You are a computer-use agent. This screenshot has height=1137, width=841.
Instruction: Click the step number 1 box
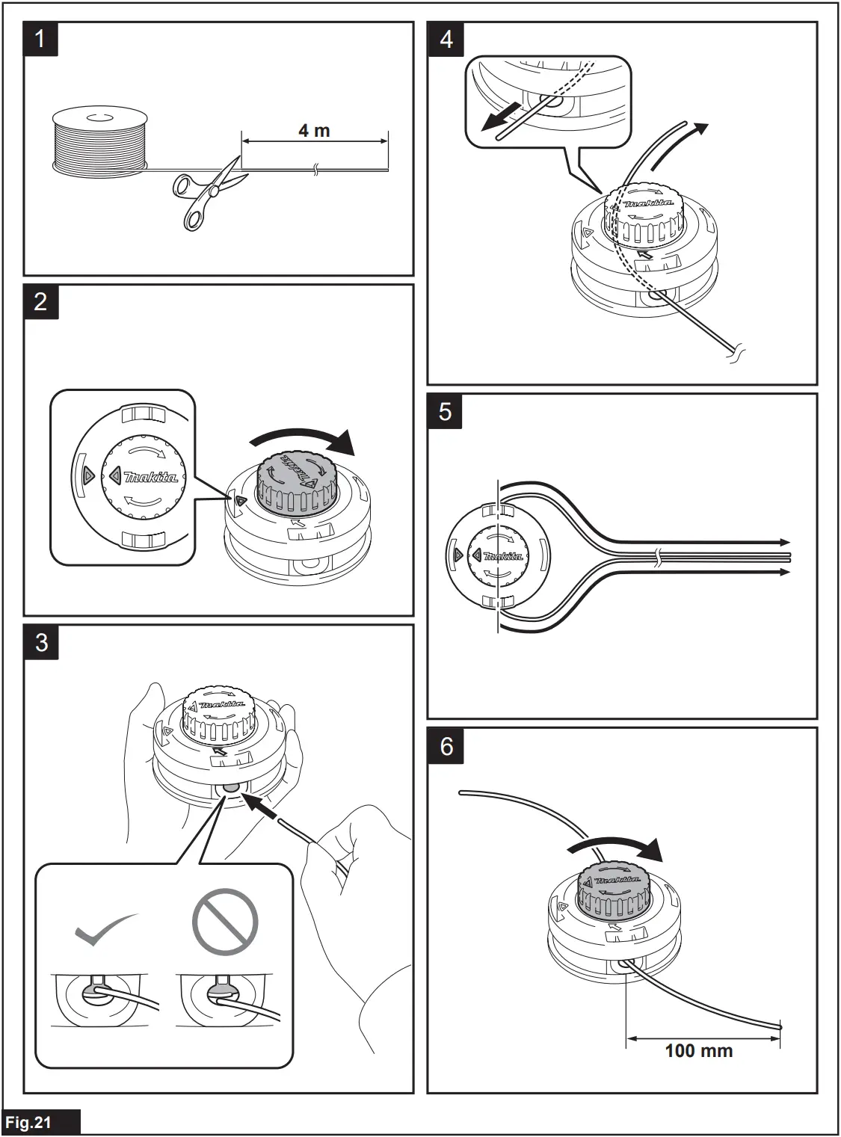point(41,38)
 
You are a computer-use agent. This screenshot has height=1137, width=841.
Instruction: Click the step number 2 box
point(41,301)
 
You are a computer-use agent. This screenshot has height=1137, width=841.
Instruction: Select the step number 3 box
point(41,642)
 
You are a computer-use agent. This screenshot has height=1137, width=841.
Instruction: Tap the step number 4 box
point(446,38)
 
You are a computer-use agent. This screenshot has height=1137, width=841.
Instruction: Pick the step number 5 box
point(446,410)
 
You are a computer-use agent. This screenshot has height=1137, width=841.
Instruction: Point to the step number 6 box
point(446,745)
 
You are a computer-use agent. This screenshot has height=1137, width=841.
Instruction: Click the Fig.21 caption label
point(30,1122)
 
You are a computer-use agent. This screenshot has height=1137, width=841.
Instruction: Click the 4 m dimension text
point(314,130)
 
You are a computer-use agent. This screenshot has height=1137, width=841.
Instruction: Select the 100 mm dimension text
point(698,1050)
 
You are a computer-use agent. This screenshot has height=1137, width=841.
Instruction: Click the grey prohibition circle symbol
point(224,921)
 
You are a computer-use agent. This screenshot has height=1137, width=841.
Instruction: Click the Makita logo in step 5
point(503,556)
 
